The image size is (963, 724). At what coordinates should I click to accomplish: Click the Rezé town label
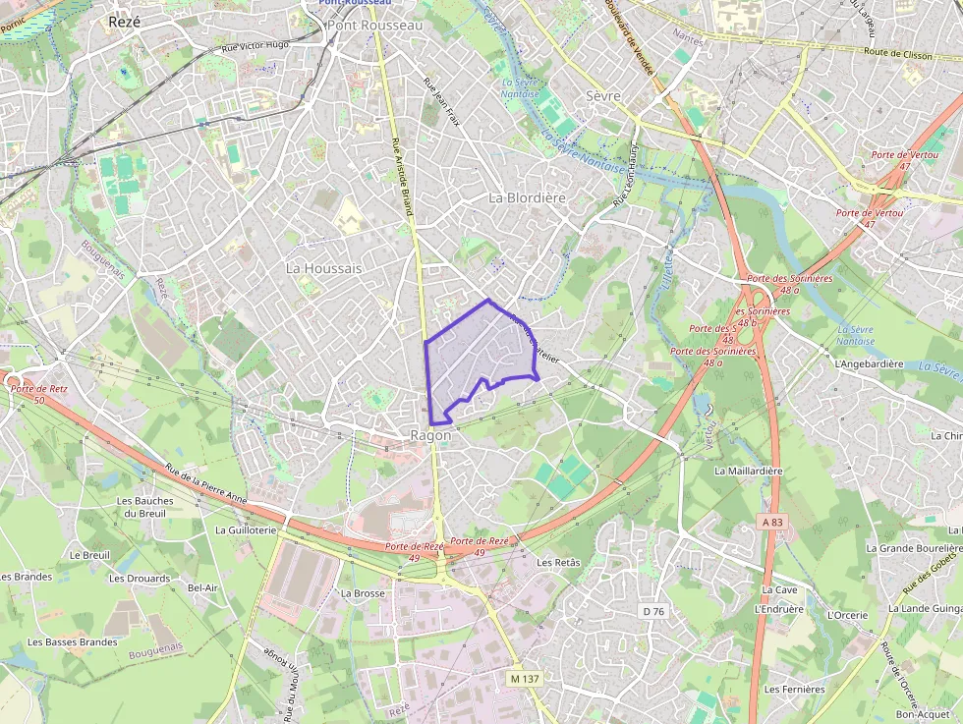(x=125, y=22)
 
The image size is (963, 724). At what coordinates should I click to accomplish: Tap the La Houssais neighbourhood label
(x=323, y=268)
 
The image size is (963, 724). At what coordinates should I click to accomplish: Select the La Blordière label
(x=528, y=197)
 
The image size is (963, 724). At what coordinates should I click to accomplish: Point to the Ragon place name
(x=430, y=435)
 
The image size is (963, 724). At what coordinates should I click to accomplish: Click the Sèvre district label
(x=603, y=96)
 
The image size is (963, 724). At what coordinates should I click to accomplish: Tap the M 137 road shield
(x=526, y=679)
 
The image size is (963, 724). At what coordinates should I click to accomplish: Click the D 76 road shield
(x=653, y=611)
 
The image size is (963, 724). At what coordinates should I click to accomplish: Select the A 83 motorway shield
(x=773, y=523)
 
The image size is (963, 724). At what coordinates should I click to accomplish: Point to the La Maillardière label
(x=749, y=471)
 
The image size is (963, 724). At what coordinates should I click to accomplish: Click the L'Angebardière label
(x=869, y=363)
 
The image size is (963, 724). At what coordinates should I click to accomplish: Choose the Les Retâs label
(x=559, y=562)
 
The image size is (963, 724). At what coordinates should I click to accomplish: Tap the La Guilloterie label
(x=246, y=529)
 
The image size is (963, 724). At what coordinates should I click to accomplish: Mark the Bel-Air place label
(x=202, y=587)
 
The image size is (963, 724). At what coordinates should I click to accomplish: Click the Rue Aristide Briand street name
(x=401, y=177)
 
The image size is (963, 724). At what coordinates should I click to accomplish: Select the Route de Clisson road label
(x=897, y=54)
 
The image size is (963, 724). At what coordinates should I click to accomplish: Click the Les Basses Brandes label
(x=73, y=642)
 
